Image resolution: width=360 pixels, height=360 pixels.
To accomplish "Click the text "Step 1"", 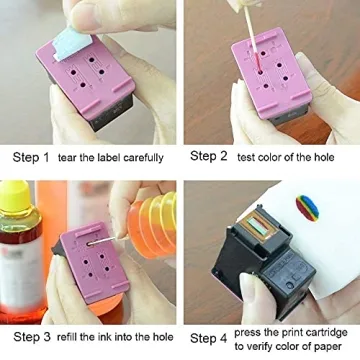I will (x=30, y=157).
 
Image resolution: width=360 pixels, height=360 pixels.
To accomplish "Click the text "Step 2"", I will (x=209, y=157).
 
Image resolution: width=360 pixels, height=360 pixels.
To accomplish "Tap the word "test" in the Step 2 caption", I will (x=250, y=157).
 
